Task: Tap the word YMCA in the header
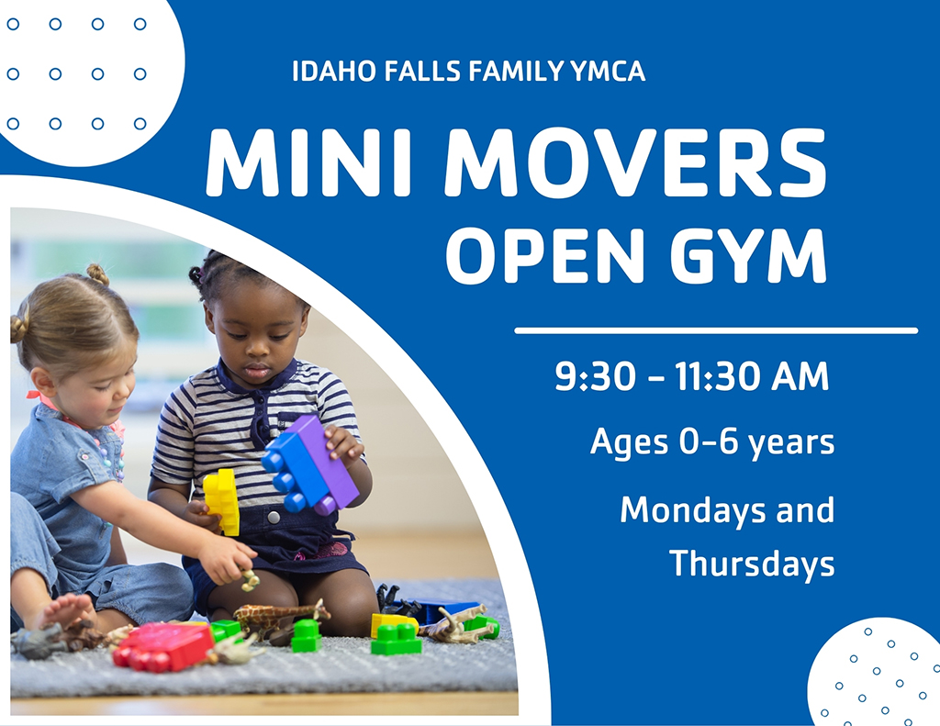[x=608, y=71]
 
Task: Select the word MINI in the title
[x=308, y=162]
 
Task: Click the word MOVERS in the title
[x=636, y=162]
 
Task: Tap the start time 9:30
[x=595, y=376]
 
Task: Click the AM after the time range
[x=800, y=376]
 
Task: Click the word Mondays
[x=693, y=511]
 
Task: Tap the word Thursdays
[x=752, y=564]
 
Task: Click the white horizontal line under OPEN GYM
[x=716, y=330]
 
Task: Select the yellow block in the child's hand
[x=222, y=501]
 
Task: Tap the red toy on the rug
[x=163, y=646]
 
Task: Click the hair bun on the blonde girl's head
[x=98, y=274]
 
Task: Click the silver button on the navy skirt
[x=274, y=517]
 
